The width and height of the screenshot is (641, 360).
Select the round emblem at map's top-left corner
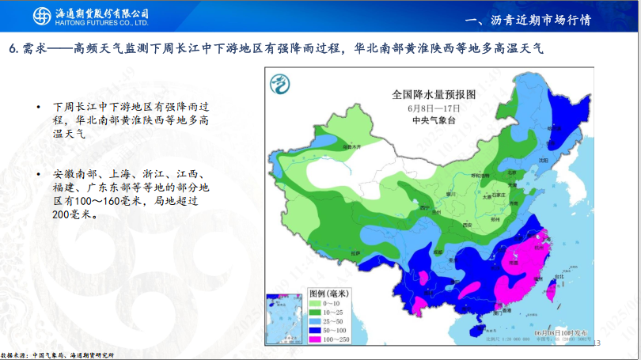pyautogui.click(x=279, y=81)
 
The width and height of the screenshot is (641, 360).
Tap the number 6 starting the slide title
pyautogui.click(x=13, y=49)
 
